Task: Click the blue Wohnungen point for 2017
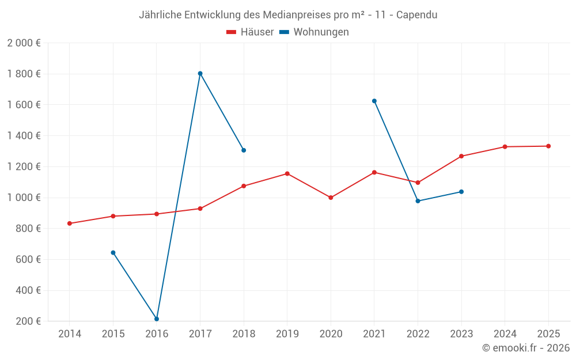tap(200, 73)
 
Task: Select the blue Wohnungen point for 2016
tap(157, 319)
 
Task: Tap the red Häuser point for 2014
tap(70, 223)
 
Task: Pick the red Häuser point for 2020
tap(331, 198)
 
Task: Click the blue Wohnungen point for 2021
tap(374, 101)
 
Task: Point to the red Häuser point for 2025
tap(548, 146)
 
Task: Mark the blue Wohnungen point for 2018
tap(244, 150)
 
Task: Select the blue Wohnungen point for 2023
tap(461, 192)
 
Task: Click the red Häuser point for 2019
tap(287, 173)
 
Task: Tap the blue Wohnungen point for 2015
tap(113, 253)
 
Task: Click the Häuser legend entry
tap(250, 32)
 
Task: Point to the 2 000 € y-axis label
tap(24, 43)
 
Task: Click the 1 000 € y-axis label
tap(24, 198)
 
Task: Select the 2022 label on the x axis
tap(418, 334)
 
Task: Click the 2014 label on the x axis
tap(70, 334)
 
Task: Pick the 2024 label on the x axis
tap(505, 334)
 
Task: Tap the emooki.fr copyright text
tap(525, 348)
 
